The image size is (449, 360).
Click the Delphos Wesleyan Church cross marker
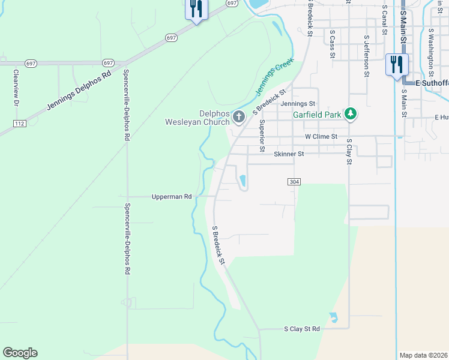pyautogui.click(x=238, y=116)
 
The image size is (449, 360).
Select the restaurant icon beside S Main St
pyautogui.click(x=396, y=64)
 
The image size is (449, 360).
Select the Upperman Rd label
pyautogui.click(x=172, y=196)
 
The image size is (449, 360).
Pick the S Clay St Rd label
pyautogui.click(x=301, y=329)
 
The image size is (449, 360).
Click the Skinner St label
pyautogui.click(x=289, y=154)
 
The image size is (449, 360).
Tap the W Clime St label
pyautogui.click(x=321, y=137)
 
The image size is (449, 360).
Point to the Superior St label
pyautogui.click(x=262, y=135)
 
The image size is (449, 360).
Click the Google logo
pyautogui.click(x=20, y=353)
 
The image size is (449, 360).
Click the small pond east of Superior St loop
pyautogui.click(x=243, y=180)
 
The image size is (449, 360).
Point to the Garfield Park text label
pyautogui.click(x=316, y=114)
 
